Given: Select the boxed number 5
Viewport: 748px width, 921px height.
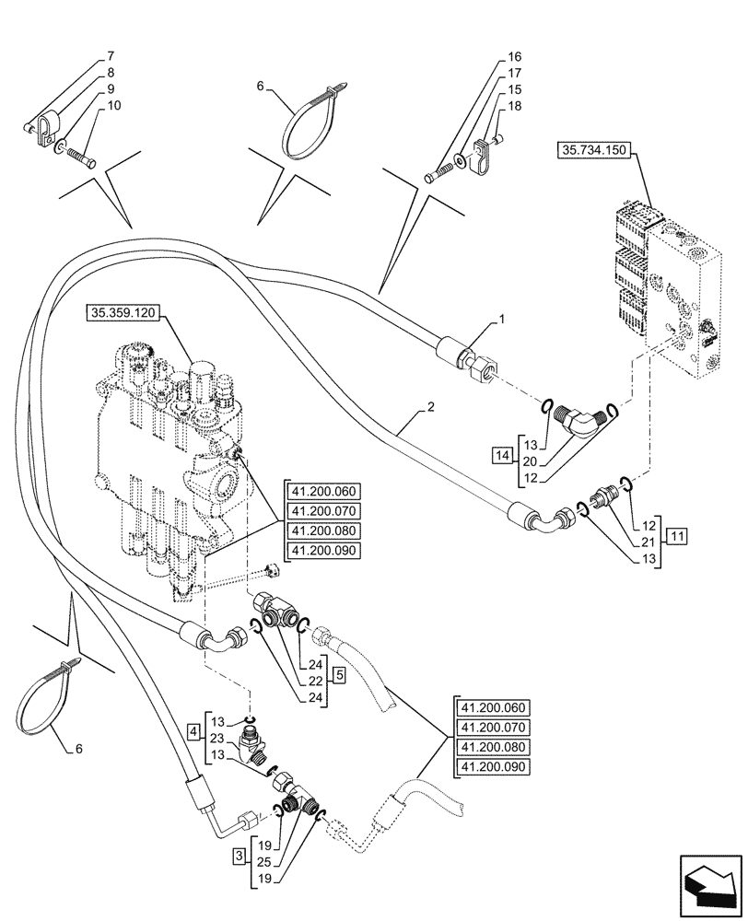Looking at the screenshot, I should pos(340,675).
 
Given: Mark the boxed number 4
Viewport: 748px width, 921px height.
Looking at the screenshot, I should pos(193,732).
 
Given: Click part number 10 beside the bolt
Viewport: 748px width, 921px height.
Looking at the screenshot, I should pos(113,106).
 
